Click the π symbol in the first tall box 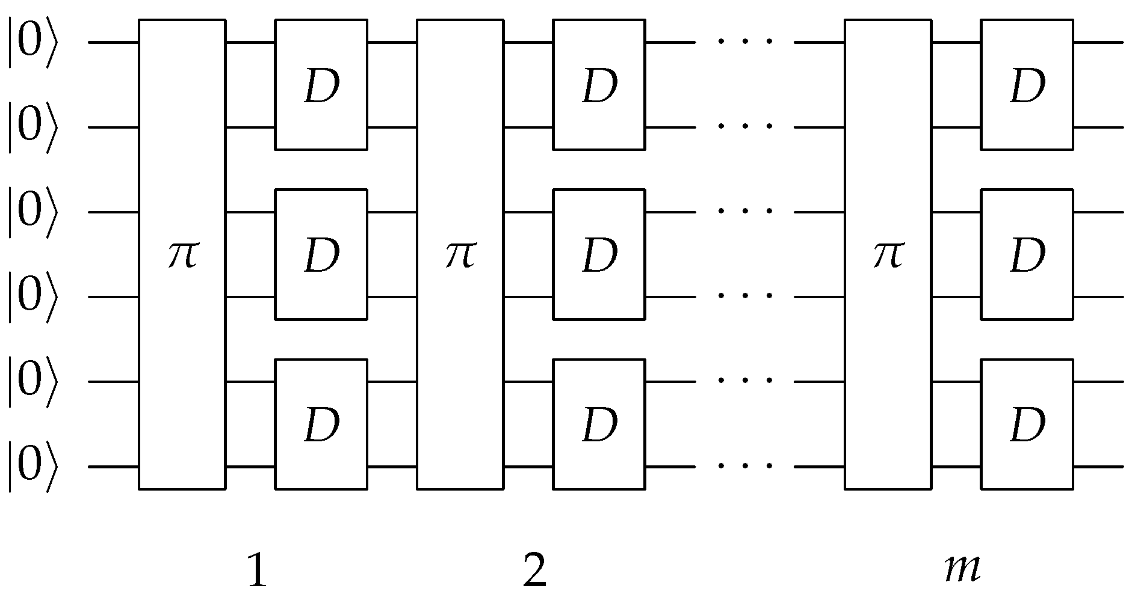182,255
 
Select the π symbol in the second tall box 460,255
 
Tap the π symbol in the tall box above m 888,255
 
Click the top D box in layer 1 321,85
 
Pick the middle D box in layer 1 321,254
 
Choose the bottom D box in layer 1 321,424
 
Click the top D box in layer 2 599,85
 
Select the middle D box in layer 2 599,254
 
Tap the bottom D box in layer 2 599,424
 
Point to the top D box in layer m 1027,85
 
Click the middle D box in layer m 1027,254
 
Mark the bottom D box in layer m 1027,424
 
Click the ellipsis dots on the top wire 745,42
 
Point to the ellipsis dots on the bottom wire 745,466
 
